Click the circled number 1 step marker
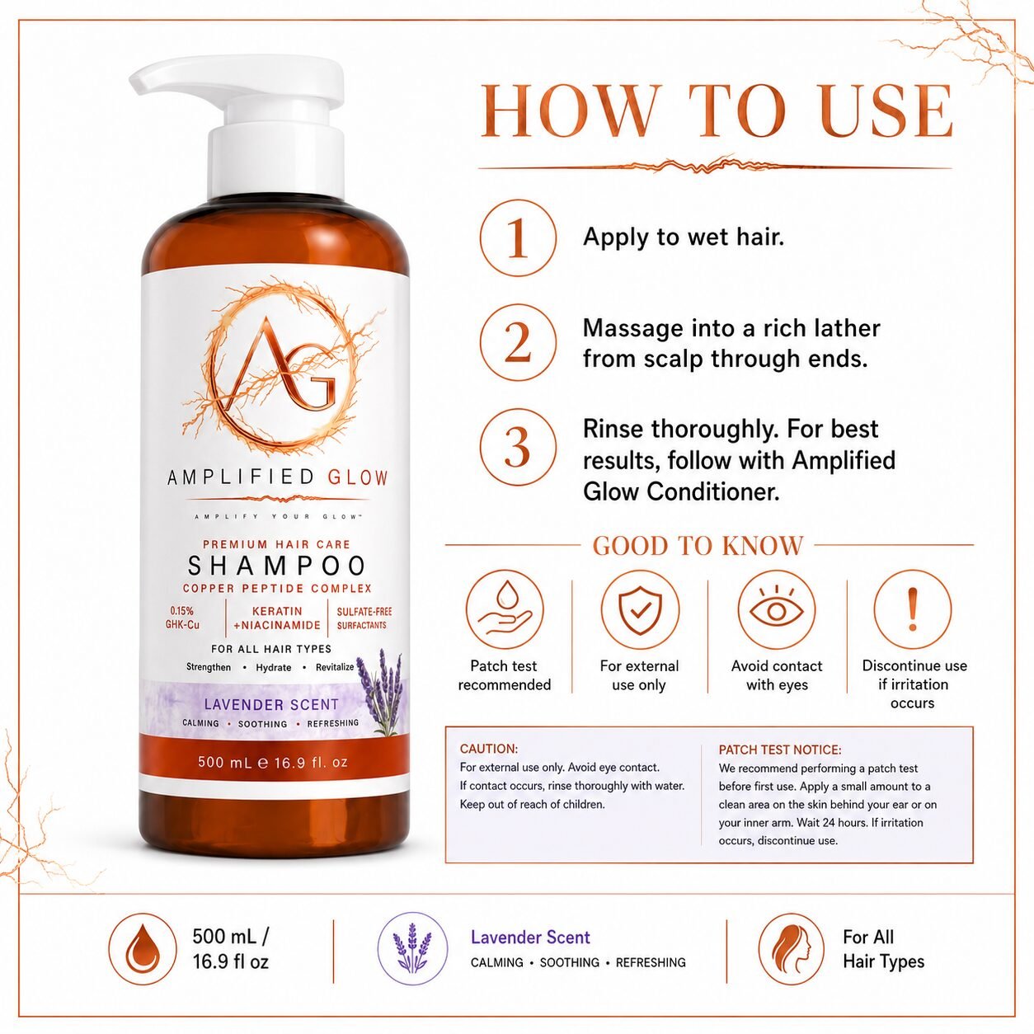[x=518, y=237]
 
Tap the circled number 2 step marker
[x=518, y=342]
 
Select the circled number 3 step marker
[x=518, y=447]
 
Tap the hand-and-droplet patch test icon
[x=505, y=609]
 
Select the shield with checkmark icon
[x=640, y=609]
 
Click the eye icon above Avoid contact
[x=777, y=609]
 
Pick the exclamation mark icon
[x=913, y=609]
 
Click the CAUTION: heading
[x=489, y=749]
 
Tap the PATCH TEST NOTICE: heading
[x=780, y=750]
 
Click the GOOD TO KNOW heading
[x=698, y=546]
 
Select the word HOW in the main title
[x=569, y=111]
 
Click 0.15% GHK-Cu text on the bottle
[x=182, y=618]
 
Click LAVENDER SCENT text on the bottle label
[x=271, y=704]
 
